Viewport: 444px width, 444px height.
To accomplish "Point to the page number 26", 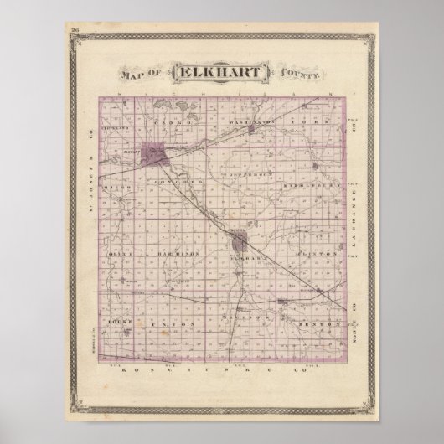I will [76, 32].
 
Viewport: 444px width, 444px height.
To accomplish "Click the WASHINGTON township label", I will [251, 121].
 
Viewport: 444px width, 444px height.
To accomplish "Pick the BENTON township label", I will [322, 322].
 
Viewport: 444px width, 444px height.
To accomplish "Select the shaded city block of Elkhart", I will [156, 154].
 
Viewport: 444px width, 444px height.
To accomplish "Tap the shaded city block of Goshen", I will [241, 244].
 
